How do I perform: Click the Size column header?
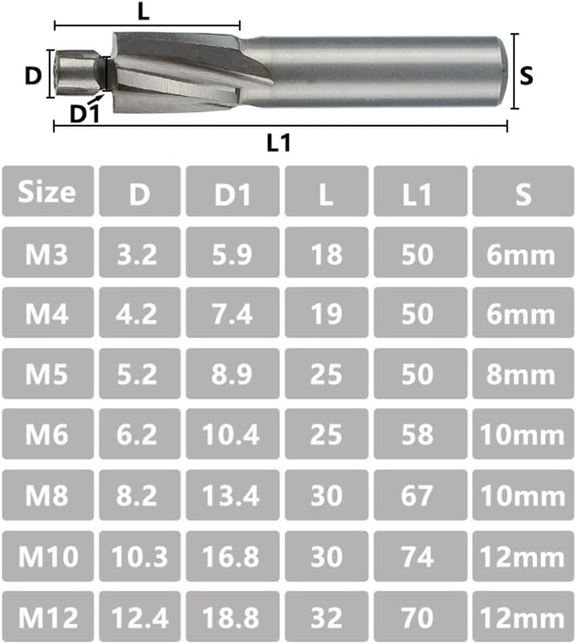[46, 192]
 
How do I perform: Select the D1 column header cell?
[233, 192]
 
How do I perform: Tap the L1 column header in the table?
[417, 192]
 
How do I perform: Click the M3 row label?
[46, 253]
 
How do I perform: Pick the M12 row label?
[46, 618]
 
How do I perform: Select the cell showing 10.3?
[140, 556]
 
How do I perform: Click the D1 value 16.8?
[233, 556]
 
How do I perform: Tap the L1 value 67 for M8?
[417, 495]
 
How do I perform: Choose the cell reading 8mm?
[521, 375]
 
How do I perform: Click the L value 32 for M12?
[326, 618]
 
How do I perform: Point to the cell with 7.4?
[233, 314]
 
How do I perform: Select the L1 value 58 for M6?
[417, 435]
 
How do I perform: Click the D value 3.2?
[140, 253]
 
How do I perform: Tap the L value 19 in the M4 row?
[326, 314]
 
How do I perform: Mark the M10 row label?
[46, 556]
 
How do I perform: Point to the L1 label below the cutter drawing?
[279, 143]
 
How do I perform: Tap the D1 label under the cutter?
[85, 113]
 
